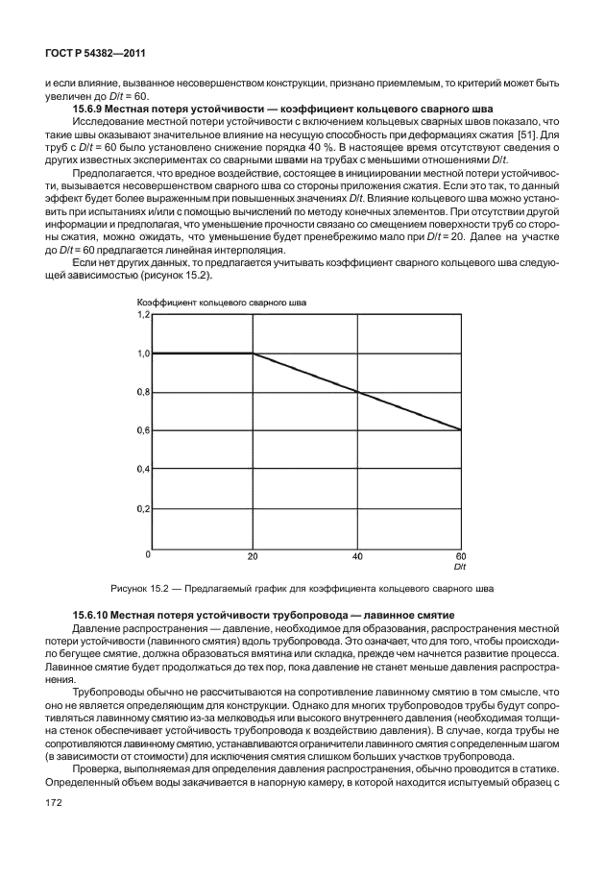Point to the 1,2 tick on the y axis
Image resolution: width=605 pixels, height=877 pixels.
[143, 315]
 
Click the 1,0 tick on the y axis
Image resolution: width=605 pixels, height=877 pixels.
[143, 353]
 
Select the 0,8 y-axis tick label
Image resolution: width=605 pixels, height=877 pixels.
[143, 392]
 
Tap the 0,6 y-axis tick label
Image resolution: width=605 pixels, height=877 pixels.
[143, 430]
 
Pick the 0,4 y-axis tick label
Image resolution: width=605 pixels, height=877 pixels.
[143, 469]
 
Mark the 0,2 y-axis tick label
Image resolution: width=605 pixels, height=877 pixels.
[143, 507]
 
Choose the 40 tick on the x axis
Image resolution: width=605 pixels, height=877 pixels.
[357, 555]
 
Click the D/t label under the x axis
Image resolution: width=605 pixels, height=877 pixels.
[459, 566]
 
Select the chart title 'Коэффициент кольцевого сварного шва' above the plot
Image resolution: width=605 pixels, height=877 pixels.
[223, 303]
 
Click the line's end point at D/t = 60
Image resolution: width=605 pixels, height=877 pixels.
[461, 429]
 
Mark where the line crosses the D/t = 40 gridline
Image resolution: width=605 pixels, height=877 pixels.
[358, 392]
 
